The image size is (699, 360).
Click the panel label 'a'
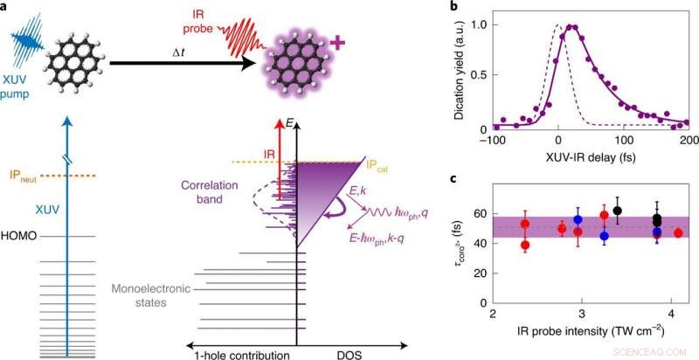coord(6,8)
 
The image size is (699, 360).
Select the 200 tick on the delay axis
coord(688,142)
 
